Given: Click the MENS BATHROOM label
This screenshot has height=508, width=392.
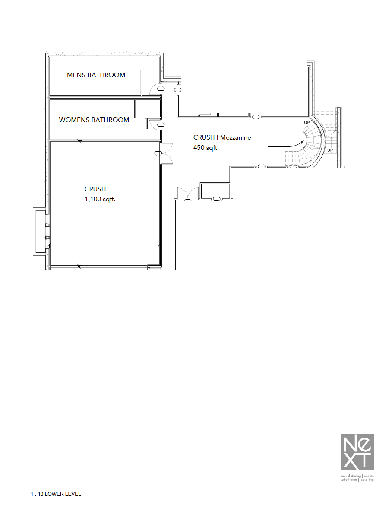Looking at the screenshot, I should click(x=96, y=75).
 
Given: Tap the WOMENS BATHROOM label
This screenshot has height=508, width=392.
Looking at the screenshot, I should click(x=94, y=120).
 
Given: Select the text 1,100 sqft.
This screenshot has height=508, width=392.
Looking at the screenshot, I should click(x=101, y=200).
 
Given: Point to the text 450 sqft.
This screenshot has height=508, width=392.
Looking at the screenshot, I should click(x=206, y=148).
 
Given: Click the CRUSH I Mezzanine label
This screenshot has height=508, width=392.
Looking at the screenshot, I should click(x=222, y=137).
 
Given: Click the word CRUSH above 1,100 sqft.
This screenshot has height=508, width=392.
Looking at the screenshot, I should click(x=95, y=189).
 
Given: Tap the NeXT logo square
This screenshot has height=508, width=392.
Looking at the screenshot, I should click(x=357, y=452).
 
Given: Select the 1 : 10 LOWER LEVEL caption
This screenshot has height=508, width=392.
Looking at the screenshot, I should click(x=56, y=494).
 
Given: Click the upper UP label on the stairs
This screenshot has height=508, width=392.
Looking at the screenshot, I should click(x=307, y=123).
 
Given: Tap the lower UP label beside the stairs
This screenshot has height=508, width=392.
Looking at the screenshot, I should click(x=330, y=150).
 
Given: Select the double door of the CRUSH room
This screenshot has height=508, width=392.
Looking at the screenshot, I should click(x=166, y=153).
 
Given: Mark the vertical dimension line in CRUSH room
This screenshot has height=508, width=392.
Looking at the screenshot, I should click(x=79, y=203).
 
